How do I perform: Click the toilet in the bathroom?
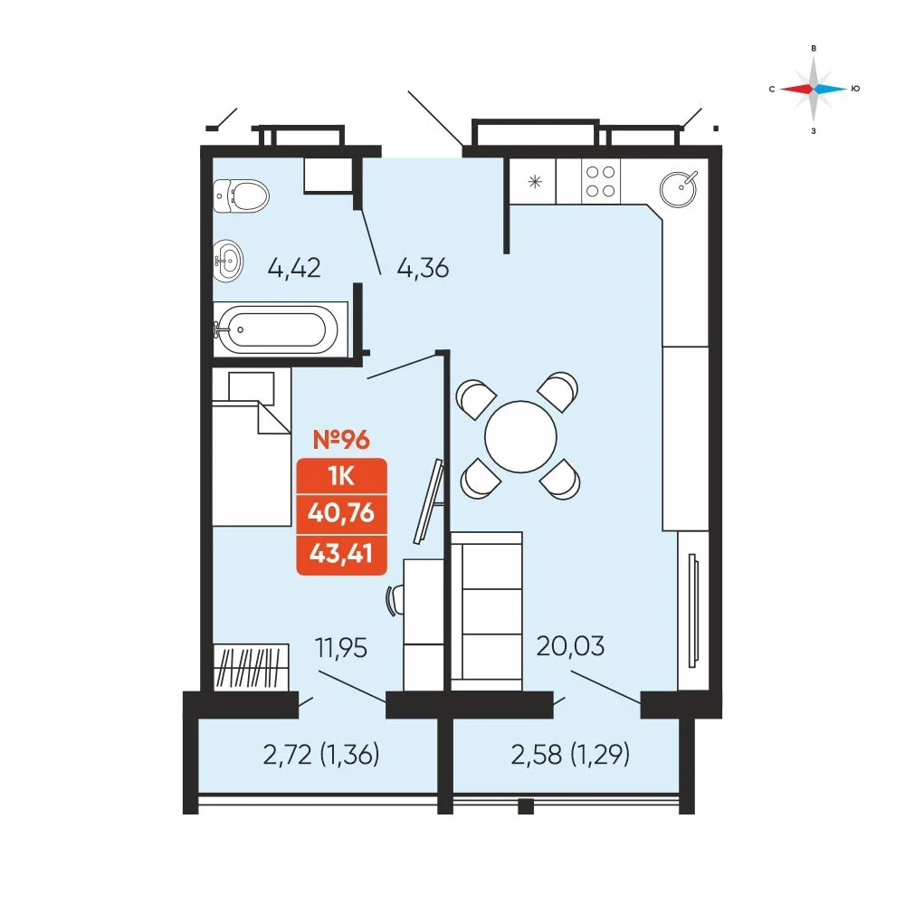240,195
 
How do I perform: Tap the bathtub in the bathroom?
276,329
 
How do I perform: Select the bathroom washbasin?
227,261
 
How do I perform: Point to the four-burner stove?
601,181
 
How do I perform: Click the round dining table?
520,437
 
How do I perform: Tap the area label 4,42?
294,269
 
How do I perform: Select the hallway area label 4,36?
423,269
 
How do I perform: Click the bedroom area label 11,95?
341,648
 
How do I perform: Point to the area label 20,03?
570,646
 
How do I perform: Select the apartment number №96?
341,440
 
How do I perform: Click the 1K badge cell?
341,477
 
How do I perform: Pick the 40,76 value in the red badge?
341,513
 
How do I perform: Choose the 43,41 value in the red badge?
341,554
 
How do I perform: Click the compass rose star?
814,89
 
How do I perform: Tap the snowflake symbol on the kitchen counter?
535,183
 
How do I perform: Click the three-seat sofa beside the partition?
487,611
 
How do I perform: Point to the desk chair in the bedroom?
395,600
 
